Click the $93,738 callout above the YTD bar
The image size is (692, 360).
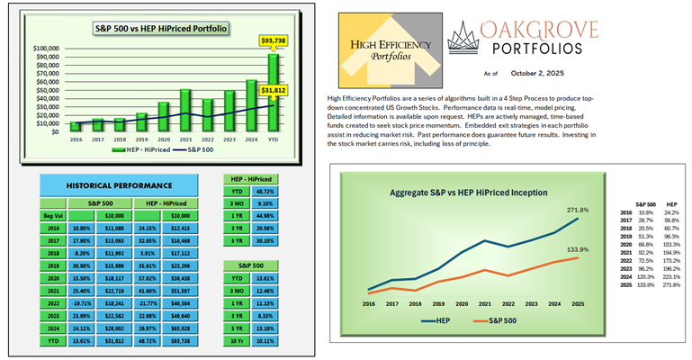[x=274, y=40]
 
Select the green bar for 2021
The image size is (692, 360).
[x=184, y=109]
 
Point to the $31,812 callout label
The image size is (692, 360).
[x=274, y=91]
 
